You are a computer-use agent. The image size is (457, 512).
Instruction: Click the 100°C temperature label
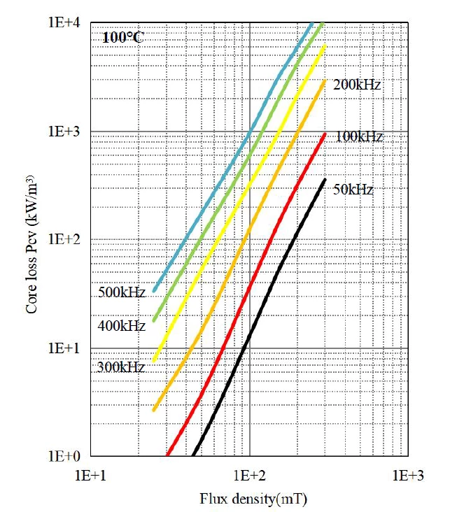coord(123,38)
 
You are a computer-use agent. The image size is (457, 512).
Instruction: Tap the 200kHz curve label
coord(357,85)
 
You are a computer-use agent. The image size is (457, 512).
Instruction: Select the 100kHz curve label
coord(359,136)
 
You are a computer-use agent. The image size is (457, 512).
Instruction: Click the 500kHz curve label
coord(122,292)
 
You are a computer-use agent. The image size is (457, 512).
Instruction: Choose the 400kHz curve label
coord(122,326)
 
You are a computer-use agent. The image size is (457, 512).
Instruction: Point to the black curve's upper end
coord(325,180)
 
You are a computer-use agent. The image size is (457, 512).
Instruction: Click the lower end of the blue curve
coord(155,290)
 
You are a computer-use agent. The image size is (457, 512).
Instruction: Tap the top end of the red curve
coord(325,134)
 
